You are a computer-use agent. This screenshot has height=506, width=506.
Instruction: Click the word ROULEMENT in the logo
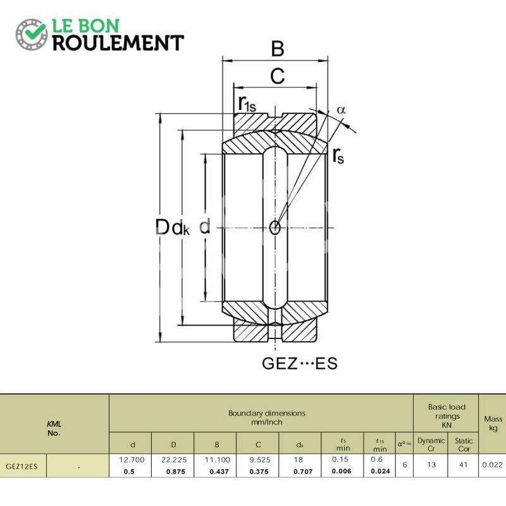click(118, 43)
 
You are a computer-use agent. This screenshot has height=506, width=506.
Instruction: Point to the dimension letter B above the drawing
click(278, 49)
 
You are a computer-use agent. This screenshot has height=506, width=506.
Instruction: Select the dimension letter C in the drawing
click(278, 76)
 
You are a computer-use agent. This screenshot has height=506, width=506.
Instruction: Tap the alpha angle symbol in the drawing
click(341, 109)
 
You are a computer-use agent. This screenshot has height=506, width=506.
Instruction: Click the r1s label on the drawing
click(247, 104)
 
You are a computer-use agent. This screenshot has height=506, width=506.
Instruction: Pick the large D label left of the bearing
click(163, 227)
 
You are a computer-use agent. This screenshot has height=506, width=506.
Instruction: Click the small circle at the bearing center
click(275, 228)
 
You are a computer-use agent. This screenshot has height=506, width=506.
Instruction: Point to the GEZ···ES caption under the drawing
click(300, 363)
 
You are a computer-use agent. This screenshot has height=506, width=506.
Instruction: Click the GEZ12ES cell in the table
click(22, 466)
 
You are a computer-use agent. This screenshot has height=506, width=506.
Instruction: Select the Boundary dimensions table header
click(267, 417)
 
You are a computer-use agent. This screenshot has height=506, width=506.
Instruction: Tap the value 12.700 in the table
click(132, 460)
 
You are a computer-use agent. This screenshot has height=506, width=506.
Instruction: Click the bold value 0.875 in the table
click(176, 471)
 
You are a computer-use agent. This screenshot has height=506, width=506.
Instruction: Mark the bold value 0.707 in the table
click(303, 471)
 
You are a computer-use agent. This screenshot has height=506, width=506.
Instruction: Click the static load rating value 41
click(464, 465)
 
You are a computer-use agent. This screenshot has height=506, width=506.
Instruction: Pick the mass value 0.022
click(493, 465)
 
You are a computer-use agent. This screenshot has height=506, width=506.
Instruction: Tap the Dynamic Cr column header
click(431, 445)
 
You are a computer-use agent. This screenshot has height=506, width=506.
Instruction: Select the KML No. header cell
click(54, 428)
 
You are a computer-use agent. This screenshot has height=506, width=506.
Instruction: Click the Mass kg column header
click(493, 423)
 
